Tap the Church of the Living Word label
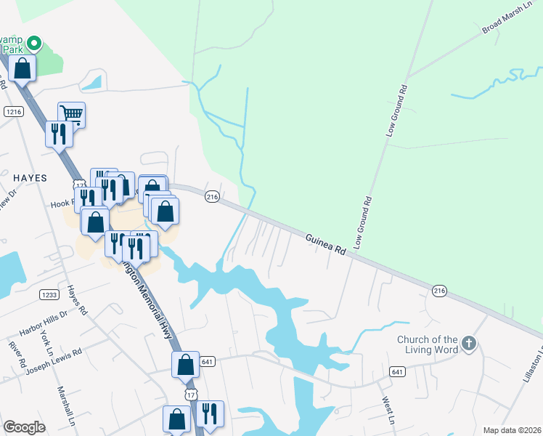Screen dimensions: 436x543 coord(428,344)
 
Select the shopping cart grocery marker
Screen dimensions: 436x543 coord(71,113)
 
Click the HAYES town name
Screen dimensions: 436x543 coord(29,177)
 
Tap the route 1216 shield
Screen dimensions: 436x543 coord(13,111)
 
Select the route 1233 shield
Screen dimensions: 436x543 coord(49,294)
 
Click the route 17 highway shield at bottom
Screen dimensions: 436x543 coord(190,393)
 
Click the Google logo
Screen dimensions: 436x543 coord(25,427)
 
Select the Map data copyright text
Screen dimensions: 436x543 coord(511,430)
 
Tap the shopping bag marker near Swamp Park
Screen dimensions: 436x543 coord(23,69)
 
